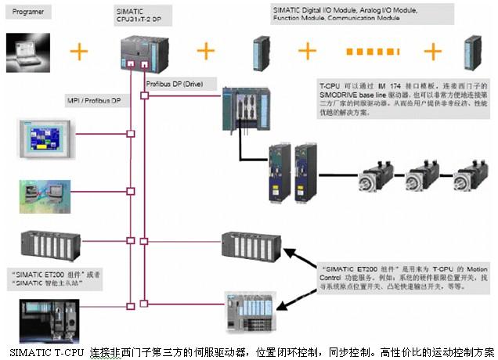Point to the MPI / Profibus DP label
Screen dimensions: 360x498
[93, 101]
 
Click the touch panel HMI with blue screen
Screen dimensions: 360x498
[48, 139]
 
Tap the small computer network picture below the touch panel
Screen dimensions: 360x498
[45, 193]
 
